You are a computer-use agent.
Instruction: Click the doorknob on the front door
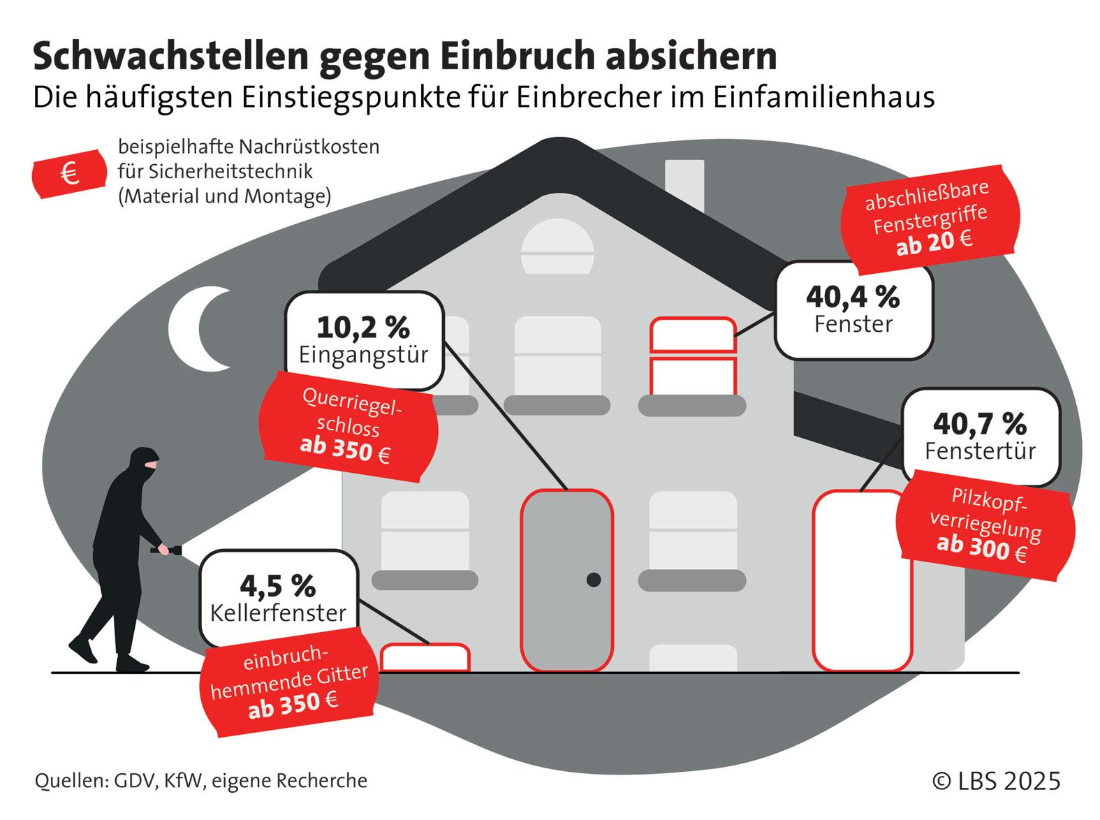[594, 579]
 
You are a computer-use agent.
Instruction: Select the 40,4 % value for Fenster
[852, 298]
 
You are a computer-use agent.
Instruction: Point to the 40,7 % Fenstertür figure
[979, 424]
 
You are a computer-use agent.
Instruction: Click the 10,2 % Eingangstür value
[362, 328]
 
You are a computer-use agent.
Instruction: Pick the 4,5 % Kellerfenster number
[277, 586]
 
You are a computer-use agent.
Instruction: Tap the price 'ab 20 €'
[934, 243]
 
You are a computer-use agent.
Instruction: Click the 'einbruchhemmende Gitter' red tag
[288, 681]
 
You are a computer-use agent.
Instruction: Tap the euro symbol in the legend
[69, 173]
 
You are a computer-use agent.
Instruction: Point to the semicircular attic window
[557, 247]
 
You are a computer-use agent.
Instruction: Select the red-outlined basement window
[425, 657]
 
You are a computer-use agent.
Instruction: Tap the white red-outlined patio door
[862, 580]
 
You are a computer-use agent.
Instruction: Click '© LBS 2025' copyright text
[996, 780]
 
